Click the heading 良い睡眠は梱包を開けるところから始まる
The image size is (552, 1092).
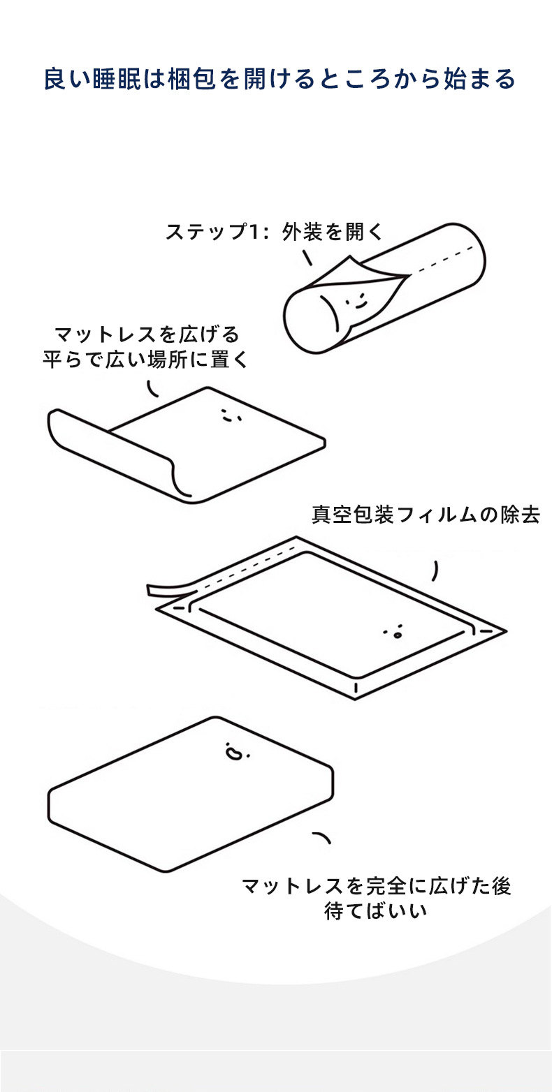[279, 79]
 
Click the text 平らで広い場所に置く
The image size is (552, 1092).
[146, 360]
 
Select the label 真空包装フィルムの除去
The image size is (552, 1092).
[426, 516]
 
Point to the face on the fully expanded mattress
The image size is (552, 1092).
[235, 753]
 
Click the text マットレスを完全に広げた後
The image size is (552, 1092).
[376, 887]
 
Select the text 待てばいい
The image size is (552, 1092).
[375, 912]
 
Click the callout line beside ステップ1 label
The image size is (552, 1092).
[307, 258]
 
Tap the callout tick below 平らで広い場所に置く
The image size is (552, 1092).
[154, 388]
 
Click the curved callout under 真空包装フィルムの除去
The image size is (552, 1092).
[436, 570]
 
